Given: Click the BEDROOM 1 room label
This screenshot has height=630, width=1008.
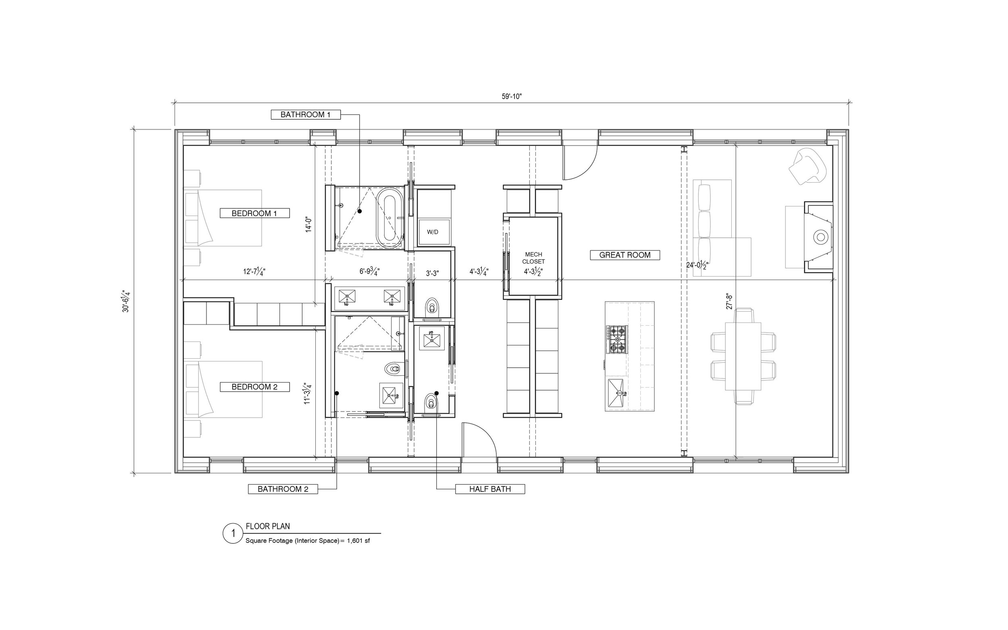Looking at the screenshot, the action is click(254, 213).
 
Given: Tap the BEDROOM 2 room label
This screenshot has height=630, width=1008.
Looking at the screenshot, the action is click(254, 387).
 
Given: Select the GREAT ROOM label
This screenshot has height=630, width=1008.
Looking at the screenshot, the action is click(625, 255).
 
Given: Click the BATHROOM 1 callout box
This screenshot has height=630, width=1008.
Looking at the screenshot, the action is click(306, 114).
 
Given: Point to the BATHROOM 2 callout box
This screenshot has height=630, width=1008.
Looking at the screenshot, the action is click(283, 489).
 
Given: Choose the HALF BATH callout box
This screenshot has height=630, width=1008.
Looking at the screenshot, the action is click(490, 489).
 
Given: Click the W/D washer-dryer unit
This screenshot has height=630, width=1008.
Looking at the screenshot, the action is click(434, 232).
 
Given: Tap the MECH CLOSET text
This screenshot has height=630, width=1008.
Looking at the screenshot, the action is click(533, 258).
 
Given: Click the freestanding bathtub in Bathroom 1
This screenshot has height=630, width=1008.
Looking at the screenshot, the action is click(390, 217).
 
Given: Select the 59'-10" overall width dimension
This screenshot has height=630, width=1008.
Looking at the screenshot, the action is click(512, 96).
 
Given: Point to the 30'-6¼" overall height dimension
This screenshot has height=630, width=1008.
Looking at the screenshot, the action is click(126, 301).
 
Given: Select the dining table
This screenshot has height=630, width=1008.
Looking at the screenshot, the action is click(743, 356).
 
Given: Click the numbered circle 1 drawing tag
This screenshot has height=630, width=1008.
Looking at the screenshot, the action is click(233, 533).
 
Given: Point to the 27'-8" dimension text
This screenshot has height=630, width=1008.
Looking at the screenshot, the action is click(729, 301).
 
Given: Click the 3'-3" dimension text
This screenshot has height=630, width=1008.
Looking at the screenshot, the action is click(433, 273).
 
